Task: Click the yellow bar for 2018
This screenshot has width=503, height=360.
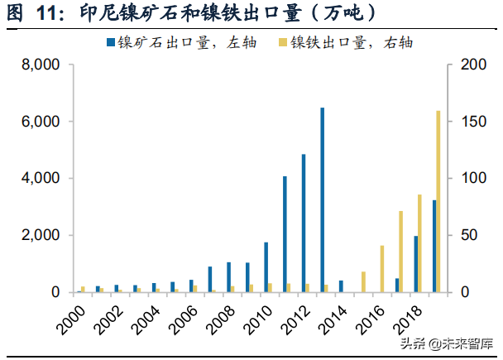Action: pyautogui.click(x=419, y=243)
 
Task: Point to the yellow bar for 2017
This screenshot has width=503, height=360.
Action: pyautogui.click(x=400, y=252)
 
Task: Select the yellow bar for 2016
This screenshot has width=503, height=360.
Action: pyautogui.click(x=381, y=269)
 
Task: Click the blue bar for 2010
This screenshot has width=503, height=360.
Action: pyautogui.click(x=266, y=267)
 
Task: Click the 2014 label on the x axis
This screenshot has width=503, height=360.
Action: pyautogui.click(x=331, y=319)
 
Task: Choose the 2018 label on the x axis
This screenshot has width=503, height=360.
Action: pyautogui.click(x=406, y=319)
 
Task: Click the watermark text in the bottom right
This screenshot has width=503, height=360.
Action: pyautogui.click(x=447, y=344)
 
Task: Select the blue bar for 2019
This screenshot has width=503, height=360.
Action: pyautogui.click(x=434, y=246)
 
